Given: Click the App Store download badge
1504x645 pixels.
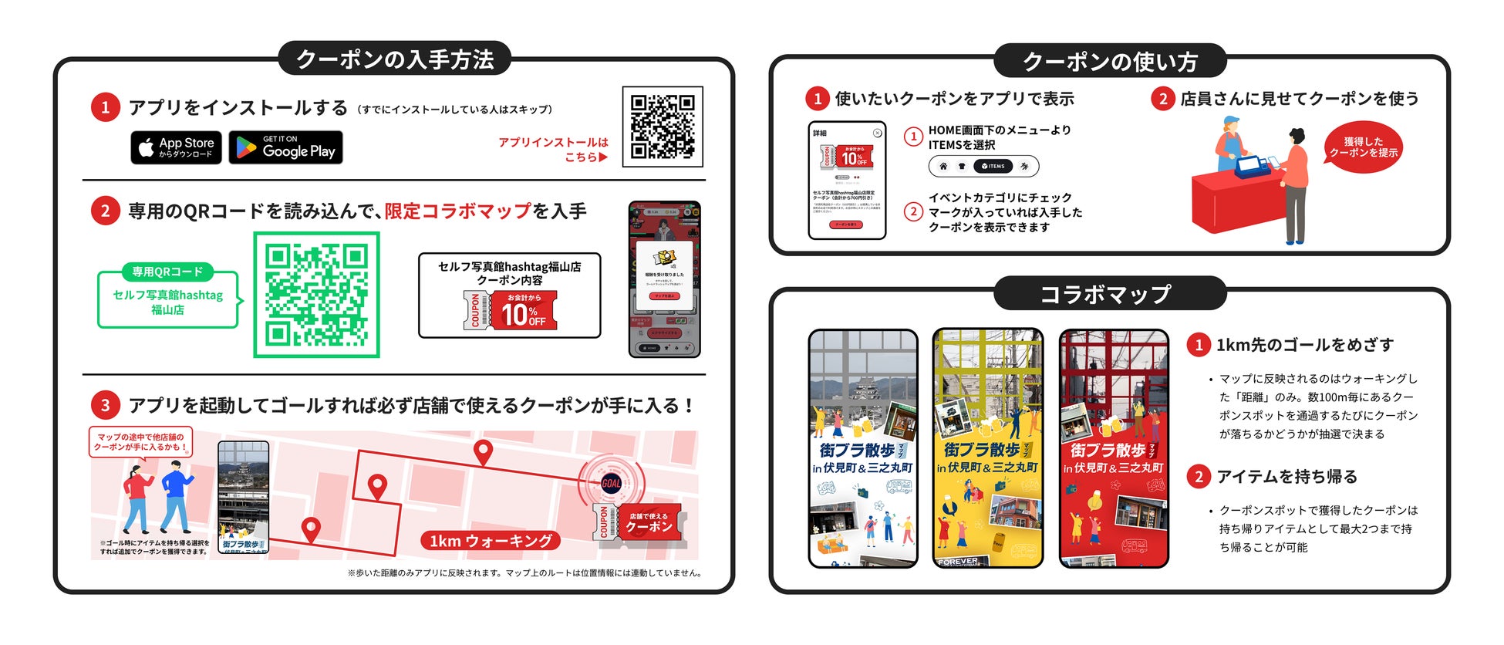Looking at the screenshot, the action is click(176, 147).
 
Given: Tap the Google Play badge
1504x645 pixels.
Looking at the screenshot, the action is click(286, 147).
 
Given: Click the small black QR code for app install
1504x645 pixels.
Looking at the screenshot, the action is click(662, 127).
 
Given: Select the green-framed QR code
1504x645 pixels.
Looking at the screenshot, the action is click(316, 295).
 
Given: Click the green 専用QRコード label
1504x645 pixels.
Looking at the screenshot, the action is click(167, 272).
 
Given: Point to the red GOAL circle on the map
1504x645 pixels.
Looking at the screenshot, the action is click(611, 483).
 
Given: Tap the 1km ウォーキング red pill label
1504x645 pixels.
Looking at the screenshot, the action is click(491, 541).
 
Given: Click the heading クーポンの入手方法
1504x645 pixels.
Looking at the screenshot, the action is click(394, 59).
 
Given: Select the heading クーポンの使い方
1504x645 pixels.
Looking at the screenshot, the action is click(1109, 62).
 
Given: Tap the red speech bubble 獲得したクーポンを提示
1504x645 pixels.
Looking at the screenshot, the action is click(1363, 147).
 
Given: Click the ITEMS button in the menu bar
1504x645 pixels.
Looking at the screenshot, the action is click(993, 166).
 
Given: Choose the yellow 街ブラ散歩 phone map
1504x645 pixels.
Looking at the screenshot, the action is click(987, 448).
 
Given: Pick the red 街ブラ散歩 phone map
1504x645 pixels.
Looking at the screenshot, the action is click(1114, 448).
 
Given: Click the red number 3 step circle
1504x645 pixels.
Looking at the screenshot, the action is click(106, 405).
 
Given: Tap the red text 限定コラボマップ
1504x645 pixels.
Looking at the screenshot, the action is click(458, 211).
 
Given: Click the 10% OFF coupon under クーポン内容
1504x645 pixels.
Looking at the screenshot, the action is click(510, 310).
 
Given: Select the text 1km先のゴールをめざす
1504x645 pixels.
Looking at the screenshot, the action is click(1305, 345).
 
